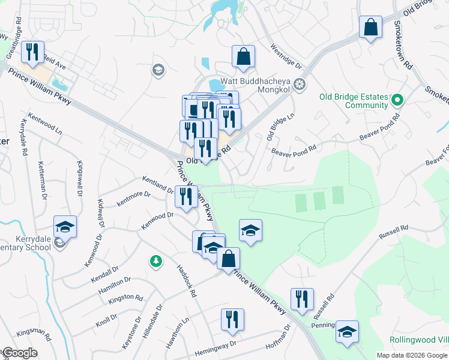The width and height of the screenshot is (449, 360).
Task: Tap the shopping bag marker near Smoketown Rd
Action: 371,27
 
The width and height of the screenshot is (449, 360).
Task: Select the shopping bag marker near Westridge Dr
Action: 244,56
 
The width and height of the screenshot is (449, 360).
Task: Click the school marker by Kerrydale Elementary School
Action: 65,227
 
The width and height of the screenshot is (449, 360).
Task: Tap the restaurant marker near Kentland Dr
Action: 186,196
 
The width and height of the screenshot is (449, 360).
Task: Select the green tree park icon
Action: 155,261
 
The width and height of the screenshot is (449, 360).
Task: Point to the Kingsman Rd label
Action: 34,331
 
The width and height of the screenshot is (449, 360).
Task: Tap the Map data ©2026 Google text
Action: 412,355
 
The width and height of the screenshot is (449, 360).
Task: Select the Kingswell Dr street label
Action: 79,179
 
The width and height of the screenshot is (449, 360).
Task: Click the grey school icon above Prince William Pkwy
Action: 158,70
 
